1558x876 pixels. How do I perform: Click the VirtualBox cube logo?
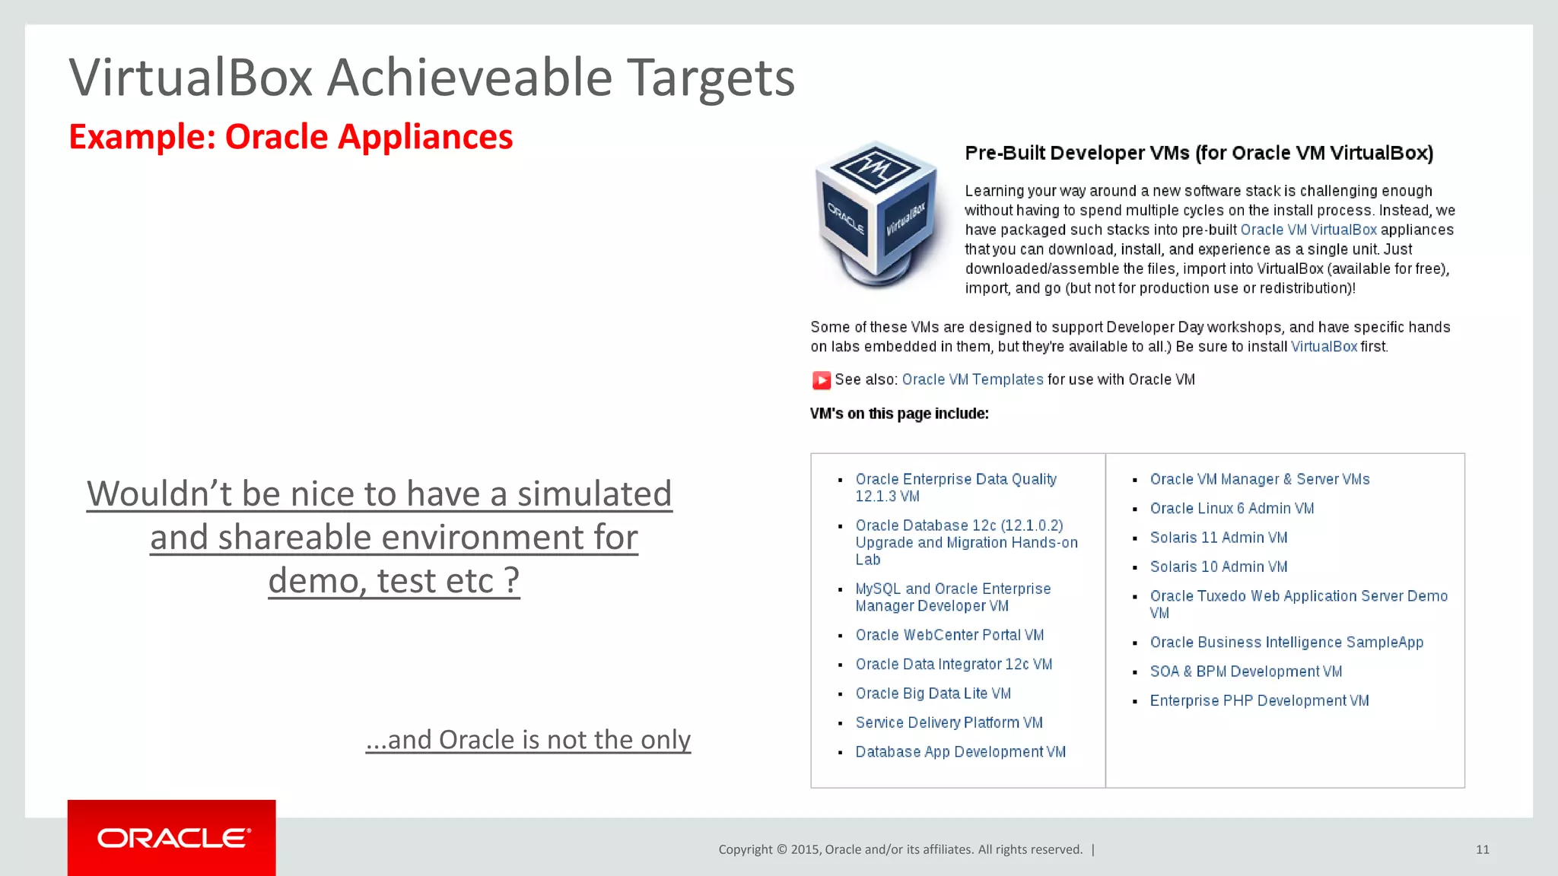click(x=879, y=215)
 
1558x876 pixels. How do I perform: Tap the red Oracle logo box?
click(x=172, y=837)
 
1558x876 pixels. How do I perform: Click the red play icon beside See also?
click(x=821, y=380)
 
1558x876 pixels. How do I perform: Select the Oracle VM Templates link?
click(x=972, y=379)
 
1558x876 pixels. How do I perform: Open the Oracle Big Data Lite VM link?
click(x=933, y=693)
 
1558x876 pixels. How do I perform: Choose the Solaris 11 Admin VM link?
click(x=1218, y=538)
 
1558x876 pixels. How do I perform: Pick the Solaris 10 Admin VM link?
click(x=1218, y=567)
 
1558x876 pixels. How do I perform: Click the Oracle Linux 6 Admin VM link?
click(x=1232, y=508)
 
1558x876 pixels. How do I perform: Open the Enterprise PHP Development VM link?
click(x=1259, y=700)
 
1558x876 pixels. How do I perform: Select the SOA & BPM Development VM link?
click(x=1245, y=671)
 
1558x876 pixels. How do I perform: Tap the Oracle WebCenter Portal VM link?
click(x=949, y=635)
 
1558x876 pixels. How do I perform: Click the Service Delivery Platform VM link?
click(x=949, y=722)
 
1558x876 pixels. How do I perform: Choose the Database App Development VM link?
click(x=960, y=751)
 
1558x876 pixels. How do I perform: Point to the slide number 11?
click(x=1482, y=849)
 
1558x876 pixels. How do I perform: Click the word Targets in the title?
click(x=711, y=78)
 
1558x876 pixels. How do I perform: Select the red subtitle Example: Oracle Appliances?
click(x=291, y=137)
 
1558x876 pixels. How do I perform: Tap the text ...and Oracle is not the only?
click(x=528, y=739)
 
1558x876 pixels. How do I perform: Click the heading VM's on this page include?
click(x=899, y=414)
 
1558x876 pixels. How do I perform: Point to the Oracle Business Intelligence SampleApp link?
click(x=1286, y=642)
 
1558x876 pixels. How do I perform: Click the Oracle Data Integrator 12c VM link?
click(x=953, y=664)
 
